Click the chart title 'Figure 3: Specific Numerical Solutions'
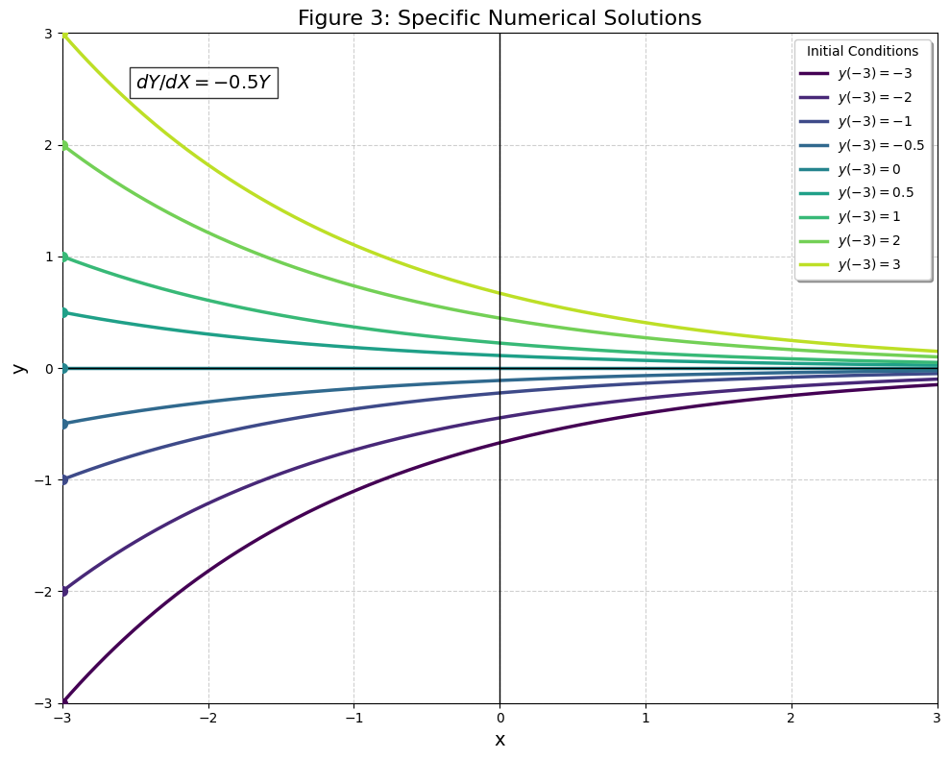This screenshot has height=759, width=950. pyautogui.click(x=499, y=18)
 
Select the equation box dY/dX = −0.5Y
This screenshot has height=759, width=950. pyautogui.click(x=204, y=83)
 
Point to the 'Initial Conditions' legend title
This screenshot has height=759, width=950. pyautogui.click(x=863, y=51)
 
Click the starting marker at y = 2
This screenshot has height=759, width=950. pyautogui.click(x=63, y=145)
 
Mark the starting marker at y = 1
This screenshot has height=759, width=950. pyautogui.click(x=63, y=257)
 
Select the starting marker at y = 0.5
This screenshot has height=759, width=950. pyautogui.click(x=63, y=312)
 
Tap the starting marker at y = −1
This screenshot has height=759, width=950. pyautogui.click(x=63, y=479)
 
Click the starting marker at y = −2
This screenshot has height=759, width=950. pyautogui.click(x=63, y=591)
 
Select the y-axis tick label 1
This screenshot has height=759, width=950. pyautogui.click(x=48, y=257)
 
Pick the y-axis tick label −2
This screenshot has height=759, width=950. pyautogui.click(x=43, y=591)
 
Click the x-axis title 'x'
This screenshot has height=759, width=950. pyautogui.click(x=499, y=740)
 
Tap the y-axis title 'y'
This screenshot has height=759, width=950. pyautogui.click(x=17, y=368)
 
